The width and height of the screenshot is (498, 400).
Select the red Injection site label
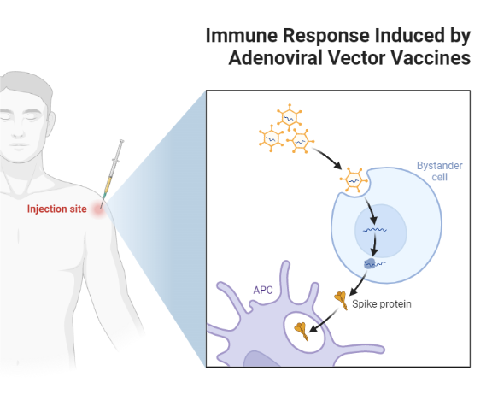56,209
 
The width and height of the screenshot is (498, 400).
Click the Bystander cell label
436,170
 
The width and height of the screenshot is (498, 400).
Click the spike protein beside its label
341,299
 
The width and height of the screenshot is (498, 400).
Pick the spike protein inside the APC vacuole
301,329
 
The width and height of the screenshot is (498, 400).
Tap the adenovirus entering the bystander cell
352,181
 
